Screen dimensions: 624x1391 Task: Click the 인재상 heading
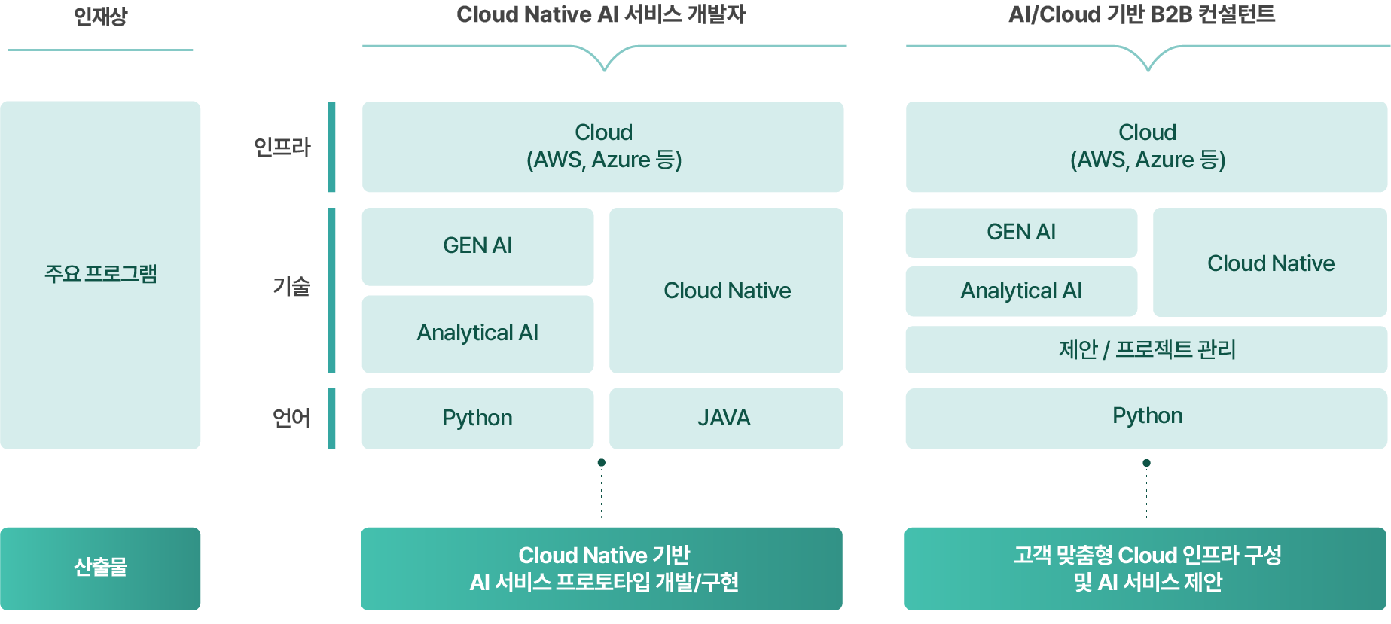point(100,17)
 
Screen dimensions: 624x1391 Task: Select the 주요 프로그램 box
point(100,275)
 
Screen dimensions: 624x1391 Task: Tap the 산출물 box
point(100,568)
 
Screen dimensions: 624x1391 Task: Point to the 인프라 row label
point(282,147)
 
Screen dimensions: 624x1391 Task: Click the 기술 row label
point(291,286)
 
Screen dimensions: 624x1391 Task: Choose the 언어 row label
point(291,418)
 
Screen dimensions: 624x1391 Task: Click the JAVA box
point(725,419)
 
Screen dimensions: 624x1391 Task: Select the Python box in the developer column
point(477,419)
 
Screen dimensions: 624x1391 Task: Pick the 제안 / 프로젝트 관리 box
point(1146,349)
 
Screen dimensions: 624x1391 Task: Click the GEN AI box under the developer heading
point(477,246)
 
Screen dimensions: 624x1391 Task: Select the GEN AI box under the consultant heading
point(1021,233)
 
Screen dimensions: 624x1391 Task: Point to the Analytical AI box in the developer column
point(477,333)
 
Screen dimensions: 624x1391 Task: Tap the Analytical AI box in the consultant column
point(1021,291)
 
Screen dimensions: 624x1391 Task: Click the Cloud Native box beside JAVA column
point(726,291)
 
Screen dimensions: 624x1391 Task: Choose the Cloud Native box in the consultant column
point(1270,263)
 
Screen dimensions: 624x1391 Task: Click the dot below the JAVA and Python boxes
point(601,463)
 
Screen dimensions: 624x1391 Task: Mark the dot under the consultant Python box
point(1146,463)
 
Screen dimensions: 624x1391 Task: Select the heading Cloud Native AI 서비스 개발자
point(601,15)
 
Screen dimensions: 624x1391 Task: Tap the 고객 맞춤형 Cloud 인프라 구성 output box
point(1145,568)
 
